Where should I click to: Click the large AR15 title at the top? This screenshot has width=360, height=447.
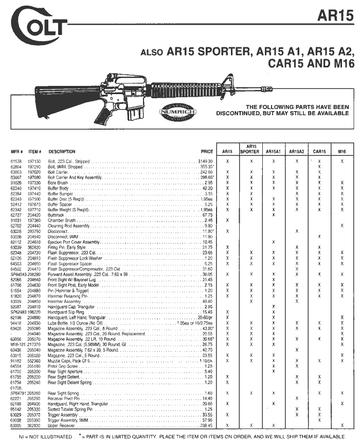click(x=335, y=15)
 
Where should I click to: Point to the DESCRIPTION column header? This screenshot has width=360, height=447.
click(x=62, y=152)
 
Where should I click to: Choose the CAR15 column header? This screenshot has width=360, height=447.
click(x=319, y=152)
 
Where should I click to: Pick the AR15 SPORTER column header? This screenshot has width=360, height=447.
click(x=250, y=149)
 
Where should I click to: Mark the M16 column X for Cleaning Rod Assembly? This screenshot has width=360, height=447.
click(x=342, y=226)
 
